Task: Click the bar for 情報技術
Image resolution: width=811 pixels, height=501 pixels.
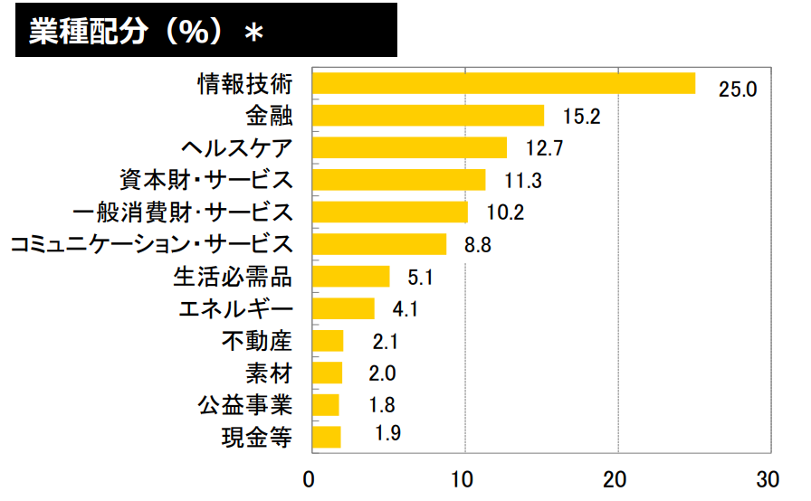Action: [x=503, y=83]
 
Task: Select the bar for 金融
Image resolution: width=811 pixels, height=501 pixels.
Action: [x=428, y=116]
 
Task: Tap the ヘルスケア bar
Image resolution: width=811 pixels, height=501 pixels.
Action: [x=409, y=147]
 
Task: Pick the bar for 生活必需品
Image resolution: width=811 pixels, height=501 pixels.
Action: [x=350, y=276]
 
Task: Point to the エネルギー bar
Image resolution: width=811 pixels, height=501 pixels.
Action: [x=343, y=308]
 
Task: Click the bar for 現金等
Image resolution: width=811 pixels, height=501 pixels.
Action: [x=326, y=437]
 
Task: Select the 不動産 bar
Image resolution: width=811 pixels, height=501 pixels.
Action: [x=328, y=341]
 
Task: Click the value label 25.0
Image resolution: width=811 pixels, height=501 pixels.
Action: [x=737, y=90]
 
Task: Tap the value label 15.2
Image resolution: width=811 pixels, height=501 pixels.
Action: [x=581, y=117]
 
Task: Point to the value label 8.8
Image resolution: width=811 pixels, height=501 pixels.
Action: [x=477, y=245]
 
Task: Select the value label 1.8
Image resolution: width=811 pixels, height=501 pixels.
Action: [x=382, y=404]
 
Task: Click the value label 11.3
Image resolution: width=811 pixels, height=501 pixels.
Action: [x=522, y=180]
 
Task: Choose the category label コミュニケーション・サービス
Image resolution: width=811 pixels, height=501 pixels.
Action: [x=151, y=244]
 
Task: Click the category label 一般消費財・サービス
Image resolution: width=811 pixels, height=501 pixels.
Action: [x=183, y=213]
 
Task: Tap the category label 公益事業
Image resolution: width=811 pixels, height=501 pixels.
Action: [x=244, y=404]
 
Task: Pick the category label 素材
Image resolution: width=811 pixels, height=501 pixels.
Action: [x=269, y=373]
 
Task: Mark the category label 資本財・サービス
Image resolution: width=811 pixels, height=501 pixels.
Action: [x=206, y=180]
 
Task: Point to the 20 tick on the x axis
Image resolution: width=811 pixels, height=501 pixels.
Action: [x=617, y=477]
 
